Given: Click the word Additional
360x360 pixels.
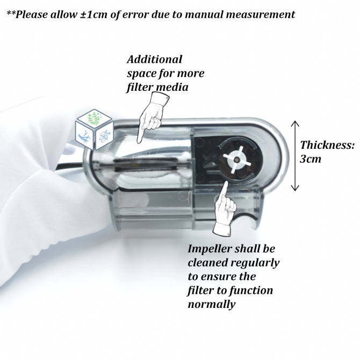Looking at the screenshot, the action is coord(154,60).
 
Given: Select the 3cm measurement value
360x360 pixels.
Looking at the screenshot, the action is coord(311,160).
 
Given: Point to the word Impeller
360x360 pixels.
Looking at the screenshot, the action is coord(212,249).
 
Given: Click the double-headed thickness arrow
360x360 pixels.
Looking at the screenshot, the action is coord(294,156).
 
